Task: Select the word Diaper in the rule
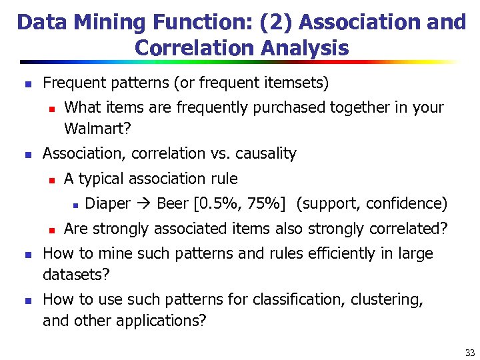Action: (x=108, y=203)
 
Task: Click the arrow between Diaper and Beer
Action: (x=143, y=204)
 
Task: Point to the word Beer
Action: (x=172, y=203)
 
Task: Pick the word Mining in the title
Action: (x=107, y=22)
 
